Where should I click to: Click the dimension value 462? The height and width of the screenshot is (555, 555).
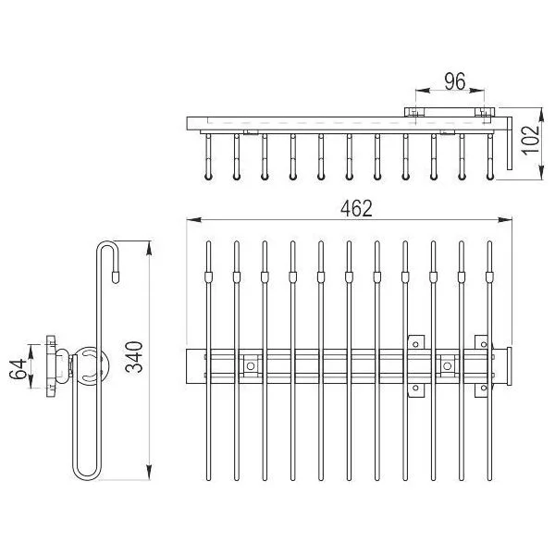(x=356, y=208)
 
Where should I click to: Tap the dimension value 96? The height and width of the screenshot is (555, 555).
(x=455, y=81)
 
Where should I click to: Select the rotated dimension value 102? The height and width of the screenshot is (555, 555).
(x=531, y=140)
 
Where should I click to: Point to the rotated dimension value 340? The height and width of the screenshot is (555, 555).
(x=134, y=357)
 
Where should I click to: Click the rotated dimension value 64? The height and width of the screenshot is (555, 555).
(x=18, y=369)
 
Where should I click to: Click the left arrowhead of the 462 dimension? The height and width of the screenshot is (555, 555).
(x=194, y=220)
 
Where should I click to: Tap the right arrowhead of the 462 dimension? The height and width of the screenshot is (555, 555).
(x=505, y=220)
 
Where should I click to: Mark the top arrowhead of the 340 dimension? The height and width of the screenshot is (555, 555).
(x=149, y=248)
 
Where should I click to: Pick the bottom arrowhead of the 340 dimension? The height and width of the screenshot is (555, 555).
(x=149, y=473)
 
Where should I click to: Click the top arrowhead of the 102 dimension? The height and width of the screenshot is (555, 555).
(x=541, y=116)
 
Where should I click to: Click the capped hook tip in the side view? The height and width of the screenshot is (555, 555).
(x=116, y=277)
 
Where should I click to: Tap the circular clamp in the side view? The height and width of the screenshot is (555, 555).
(x=90, y=365)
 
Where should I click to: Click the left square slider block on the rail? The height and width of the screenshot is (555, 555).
(x=251, y=366)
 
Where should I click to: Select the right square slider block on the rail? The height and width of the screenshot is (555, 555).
(x=448, y=366)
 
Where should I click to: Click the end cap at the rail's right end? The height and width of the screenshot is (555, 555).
(x=510, y=366)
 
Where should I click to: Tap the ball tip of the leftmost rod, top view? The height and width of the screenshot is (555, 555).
(x=208, y=177)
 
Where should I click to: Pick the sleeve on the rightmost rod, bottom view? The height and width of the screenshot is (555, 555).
(x=489, y=277)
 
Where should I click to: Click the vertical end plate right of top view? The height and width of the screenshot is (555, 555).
(x=510, y=143)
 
